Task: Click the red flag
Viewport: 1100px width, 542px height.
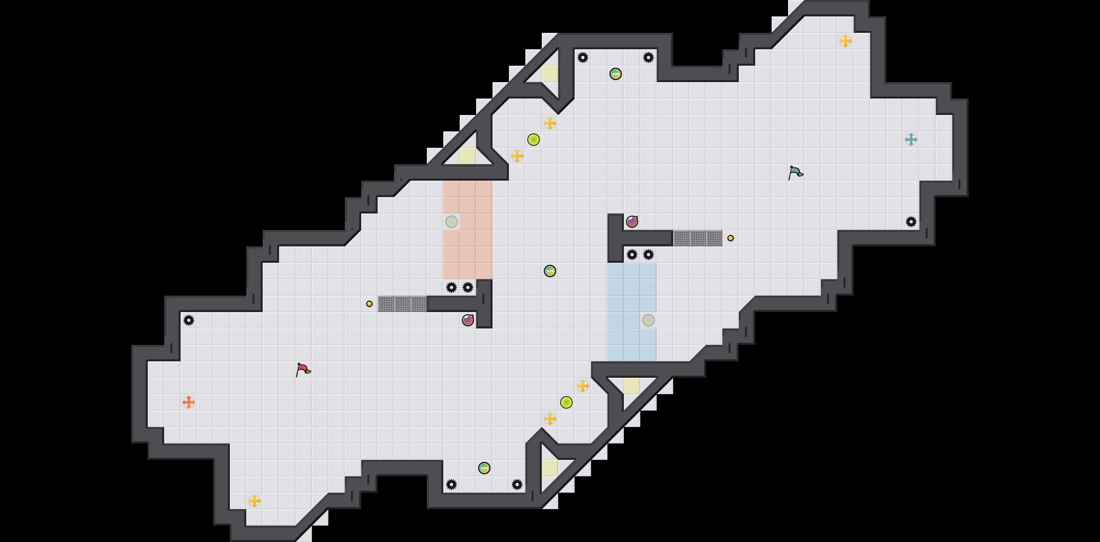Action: coord(303,370)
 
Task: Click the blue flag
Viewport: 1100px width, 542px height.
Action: coord(795,172)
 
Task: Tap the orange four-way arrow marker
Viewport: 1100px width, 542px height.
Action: coord(188,402)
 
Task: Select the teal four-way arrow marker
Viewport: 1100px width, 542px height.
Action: coord(911,140)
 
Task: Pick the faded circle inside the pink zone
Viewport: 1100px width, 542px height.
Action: coord(451,222)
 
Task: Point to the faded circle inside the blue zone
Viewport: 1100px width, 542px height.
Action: coord(648,320)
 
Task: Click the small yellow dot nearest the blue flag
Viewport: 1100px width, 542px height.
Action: coord(731,238)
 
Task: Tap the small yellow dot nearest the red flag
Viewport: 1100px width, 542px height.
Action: coord(369,304)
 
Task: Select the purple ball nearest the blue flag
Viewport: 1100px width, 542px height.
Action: coord(632,222)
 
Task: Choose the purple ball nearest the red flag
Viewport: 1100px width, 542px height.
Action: coord(467,320)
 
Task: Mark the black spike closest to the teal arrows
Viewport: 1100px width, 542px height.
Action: coord(911,222)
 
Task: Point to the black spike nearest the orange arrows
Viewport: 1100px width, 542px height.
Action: coord(188,320)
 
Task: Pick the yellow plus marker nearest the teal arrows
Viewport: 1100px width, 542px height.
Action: coord(846,41)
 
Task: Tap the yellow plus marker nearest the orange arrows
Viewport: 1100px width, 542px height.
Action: coord(254,501)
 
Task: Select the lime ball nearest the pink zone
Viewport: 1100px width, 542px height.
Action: coord(533,140)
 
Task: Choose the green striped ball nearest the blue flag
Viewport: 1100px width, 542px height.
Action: coord(615,74)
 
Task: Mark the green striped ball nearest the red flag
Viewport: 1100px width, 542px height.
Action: coord(484,468)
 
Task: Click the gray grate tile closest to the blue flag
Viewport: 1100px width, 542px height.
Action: coord(714,238)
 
